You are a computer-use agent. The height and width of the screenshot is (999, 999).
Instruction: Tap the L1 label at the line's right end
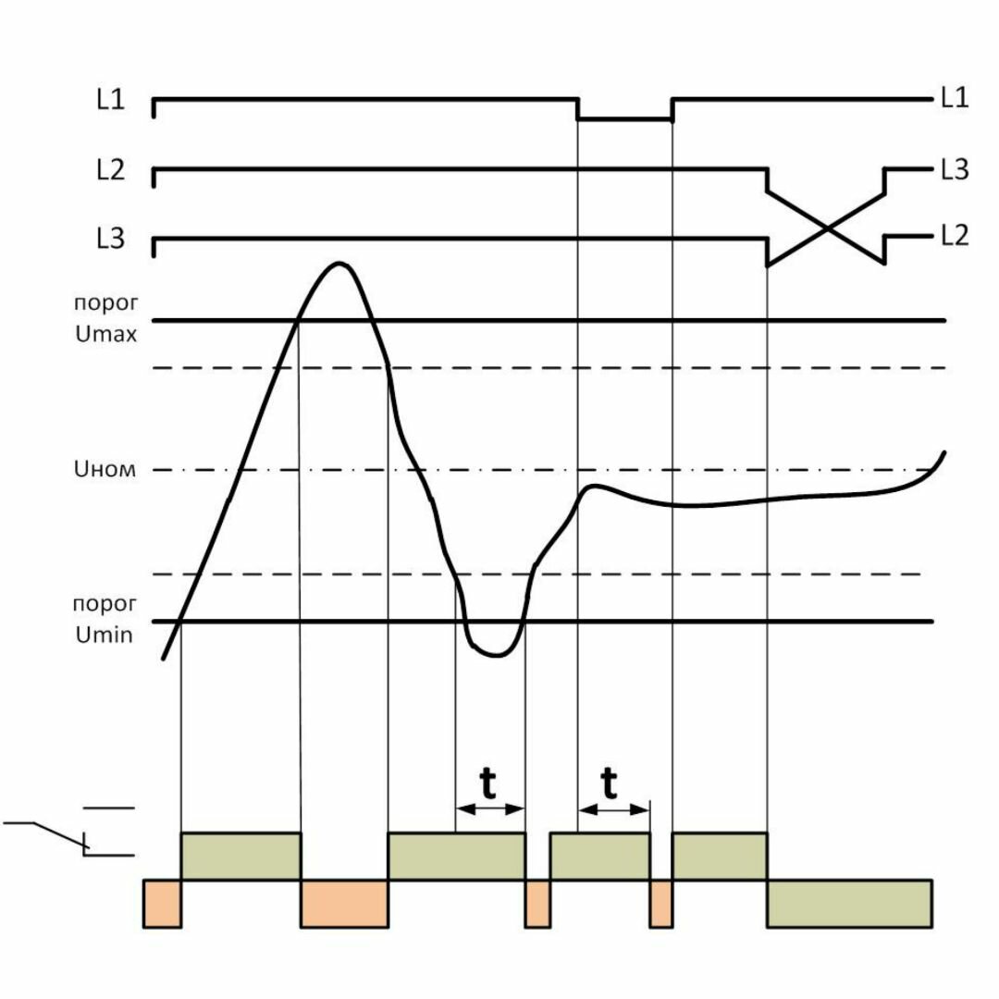pyautogui.click(x=954, y=98)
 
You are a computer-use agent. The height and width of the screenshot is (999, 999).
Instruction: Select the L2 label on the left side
pyautogui.click(x=110, y=171)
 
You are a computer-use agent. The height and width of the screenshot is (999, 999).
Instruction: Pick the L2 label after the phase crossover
pyautogui.click(x=954, y=236)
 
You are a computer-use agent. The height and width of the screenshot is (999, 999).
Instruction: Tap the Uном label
pyautogui.click(x=104, y=470)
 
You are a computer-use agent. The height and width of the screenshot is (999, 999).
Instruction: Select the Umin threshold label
pyautogui.click(x=105, y=635)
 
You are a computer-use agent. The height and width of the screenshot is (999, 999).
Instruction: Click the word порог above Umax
pyautogui.click(x=105, y=303)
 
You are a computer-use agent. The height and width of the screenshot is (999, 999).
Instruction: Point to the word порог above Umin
pyautogui.click(x=105, y=603)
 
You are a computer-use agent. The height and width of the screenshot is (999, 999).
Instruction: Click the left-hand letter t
pyautogui.click(x=488, y=784)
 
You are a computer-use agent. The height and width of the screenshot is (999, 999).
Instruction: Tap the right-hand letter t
pyautogui.click(x=610, y=784)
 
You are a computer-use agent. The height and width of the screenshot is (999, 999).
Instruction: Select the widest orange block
pyautogui.click(x=344, y=903)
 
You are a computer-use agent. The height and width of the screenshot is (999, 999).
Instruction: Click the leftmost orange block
pyautogui.click(x=163, y=903)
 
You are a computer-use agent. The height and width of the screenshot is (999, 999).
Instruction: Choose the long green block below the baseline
pyautogui.click(x=849, y=903)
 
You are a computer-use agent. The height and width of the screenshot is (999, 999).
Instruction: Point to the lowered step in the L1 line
pyautogui.click(x=625, y=119)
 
